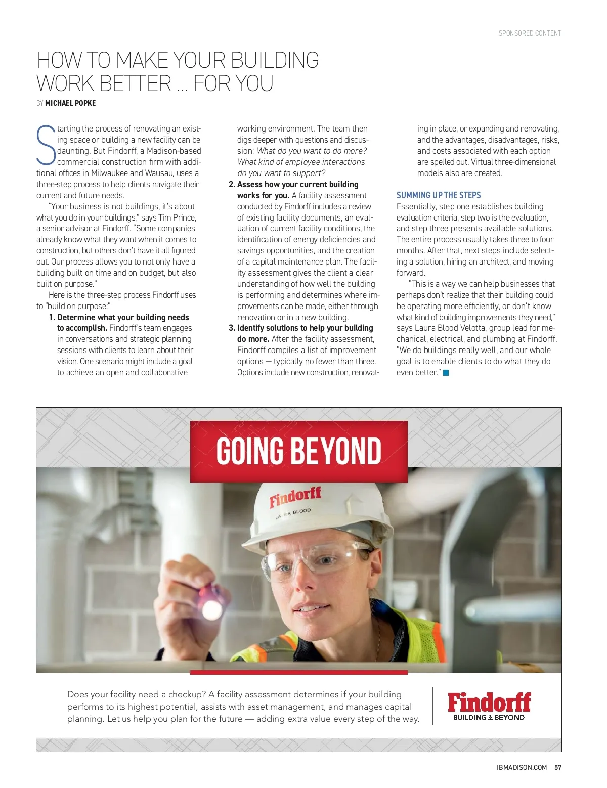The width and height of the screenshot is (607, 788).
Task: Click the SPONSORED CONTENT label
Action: click(530, 33)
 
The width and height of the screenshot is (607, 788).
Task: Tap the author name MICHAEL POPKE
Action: click(70, 103)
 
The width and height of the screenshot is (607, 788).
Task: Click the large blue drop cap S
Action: click(46, 145)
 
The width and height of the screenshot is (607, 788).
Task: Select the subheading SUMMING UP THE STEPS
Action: click(439, 195)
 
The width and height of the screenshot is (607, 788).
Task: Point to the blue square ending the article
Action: click(446, 373)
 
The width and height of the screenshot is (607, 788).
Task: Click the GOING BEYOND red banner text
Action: click(298, 451)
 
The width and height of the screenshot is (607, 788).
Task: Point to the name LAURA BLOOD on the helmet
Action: click(293, 513)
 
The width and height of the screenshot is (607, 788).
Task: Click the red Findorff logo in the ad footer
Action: click(489, 702)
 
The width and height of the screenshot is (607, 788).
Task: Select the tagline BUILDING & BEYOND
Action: click(489, 717)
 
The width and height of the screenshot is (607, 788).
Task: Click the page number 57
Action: click(558, 767)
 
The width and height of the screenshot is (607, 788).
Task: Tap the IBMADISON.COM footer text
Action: click(522, 767)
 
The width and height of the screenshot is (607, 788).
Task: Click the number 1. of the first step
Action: click(52, 318)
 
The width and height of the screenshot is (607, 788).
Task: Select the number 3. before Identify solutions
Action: click(232, 328)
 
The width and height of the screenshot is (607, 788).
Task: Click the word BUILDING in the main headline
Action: click(275, 61)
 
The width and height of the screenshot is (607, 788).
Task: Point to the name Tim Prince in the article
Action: click(177, 217)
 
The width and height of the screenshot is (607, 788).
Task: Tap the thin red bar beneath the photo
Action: click(298, 673)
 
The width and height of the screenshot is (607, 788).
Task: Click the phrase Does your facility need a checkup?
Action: click(137, 695)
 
